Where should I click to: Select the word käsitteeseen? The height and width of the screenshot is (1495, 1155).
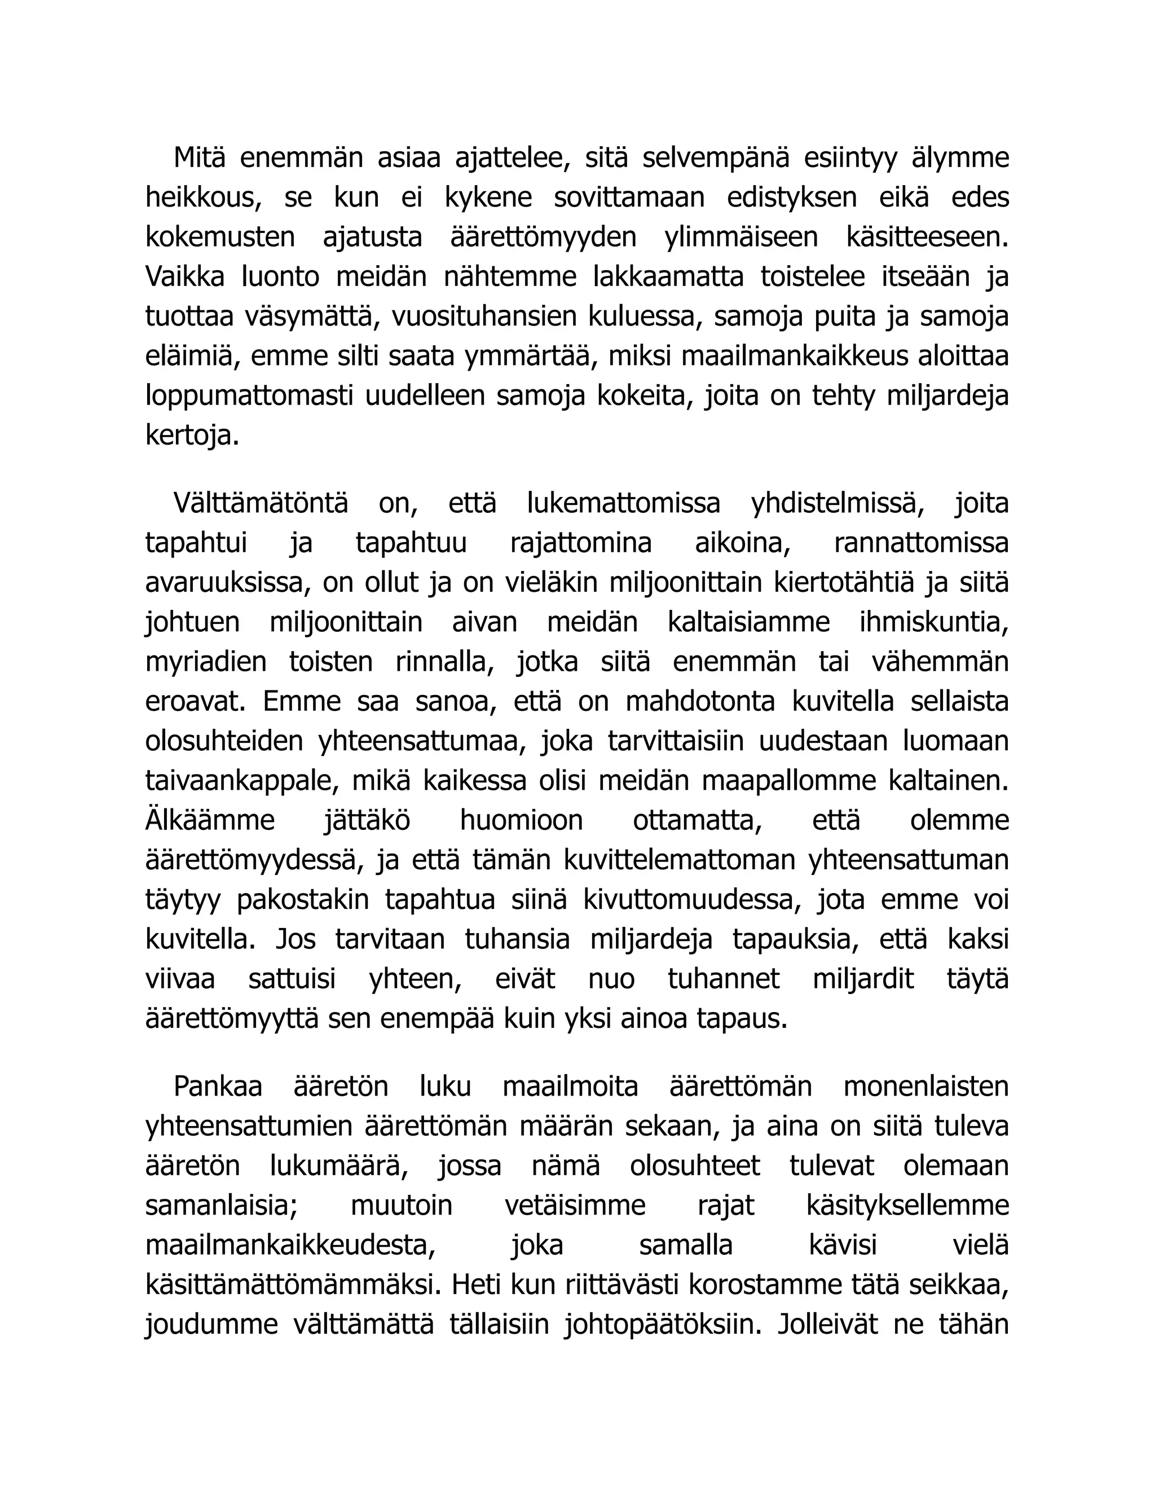[x=927, y=238]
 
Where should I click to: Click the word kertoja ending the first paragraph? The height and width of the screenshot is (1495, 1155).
[x=192, y=436]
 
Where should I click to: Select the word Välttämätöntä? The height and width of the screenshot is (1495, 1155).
[x=260, y=503]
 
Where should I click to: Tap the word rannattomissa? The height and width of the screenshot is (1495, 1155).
[x=921, y=543]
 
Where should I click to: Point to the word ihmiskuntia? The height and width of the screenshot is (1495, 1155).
[x=934, y=622]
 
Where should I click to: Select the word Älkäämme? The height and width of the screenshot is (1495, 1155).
[x=209, y=821]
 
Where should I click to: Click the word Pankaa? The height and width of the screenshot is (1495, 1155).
[x=218, y=1087]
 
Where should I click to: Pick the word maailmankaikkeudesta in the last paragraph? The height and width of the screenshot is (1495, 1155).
[x=290, y=1245]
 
